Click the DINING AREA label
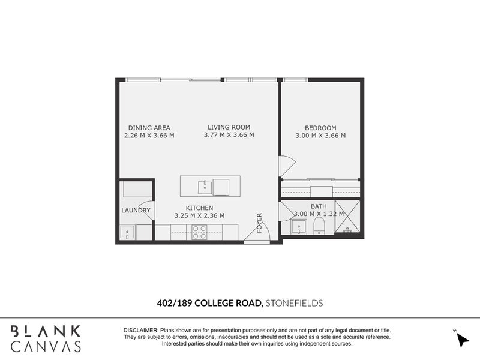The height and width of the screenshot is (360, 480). pyautogui.click(x=149, y=127)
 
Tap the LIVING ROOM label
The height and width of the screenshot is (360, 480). pyautogui.click(x=229, y=127)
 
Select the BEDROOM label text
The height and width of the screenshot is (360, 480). pyautogui.click(x=320, y=127)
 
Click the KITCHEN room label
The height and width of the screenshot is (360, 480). pyautogui.click(x=199, y=208)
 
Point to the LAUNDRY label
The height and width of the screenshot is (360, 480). pyautogui.click(x=136, y=211)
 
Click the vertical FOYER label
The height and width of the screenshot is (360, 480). pyautogui.click(x=260, y=223)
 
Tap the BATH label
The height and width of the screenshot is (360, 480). pyautogui.click(x=319, y=206)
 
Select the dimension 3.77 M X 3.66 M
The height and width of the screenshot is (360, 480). pyautogui.click(x=229, y=135)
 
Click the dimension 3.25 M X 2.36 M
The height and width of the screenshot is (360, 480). pyautogui.click(x=199, y=215)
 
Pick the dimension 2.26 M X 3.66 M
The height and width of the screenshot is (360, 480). pyautogui.click(x=149, y=135)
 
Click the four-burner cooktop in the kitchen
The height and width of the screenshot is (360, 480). pyautogui.click(x=199, y=232)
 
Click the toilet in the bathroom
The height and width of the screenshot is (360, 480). pyautogui.click(x=319, y=226)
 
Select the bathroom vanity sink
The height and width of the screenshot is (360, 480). pyautogui.click(x=298, y=226)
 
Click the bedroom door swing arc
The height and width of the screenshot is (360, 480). pyautogui.click(x=287, y=165)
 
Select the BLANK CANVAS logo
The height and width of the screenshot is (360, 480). pyautogui.click(x=46, y=338)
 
